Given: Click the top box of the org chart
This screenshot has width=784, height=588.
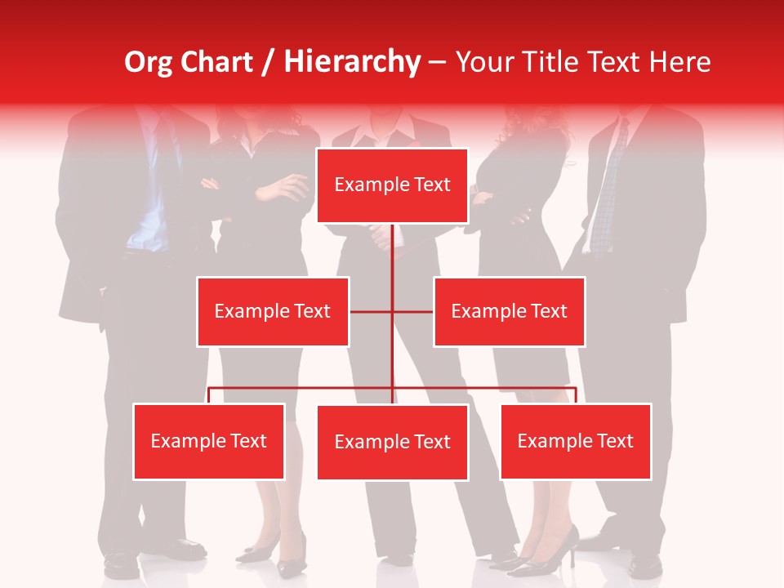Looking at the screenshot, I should point(392,185).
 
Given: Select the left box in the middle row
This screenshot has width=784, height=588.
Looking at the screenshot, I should point(273,311).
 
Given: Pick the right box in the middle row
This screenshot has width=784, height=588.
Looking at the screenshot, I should point(509,311).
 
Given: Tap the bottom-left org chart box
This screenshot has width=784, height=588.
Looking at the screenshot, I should point(209,441).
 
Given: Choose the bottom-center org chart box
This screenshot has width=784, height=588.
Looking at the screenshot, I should point(392,442).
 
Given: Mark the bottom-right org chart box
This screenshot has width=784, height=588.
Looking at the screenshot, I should point(576,441).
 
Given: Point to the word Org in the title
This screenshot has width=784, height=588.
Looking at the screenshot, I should point(148,62).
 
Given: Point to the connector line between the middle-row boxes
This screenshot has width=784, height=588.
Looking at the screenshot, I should point(392,311).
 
